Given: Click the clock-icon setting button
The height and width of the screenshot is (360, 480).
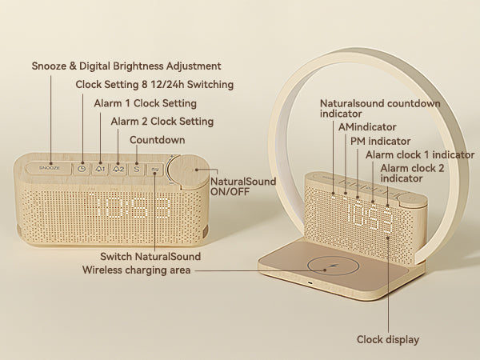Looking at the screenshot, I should click(82, 169).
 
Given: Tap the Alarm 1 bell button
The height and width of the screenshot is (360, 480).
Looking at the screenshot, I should click(100, 169).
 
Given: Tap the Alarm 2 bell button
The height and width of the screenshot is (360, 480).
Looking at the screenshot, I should click(118, 169).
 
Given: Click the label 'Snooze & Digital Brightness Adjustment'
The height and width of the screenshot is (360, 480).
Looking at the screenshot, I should click(126, 66).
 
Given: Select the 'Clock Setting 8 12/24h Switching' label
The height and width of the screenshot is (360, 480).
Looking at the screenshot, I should click(154, 85).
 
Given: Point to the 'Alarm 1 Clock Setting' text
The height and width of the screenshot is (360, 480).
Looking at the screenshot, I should click(146, 103).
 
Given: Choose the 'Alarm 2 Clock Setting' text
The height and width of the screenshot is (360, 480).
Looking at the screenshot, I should click(162, 122).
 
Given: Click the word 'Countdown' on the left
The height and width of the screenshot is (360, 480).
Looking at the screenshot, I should click(158, 140).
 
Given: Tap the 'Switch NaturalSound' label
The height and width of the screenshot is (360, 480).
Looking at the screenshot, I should click(150, 256).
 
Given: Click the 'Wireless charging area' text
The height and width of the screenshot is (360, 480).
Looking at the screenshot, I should click(136, 270).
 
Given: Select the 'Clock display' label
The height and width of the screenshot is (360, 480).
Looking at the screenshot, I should click(387, 340).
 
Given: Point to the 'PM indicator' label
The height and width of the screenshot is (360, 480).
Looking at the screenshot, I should click(379, 141).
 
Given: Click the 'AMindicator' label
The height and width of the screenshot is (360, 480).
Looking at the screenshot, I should click(367, 127).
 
